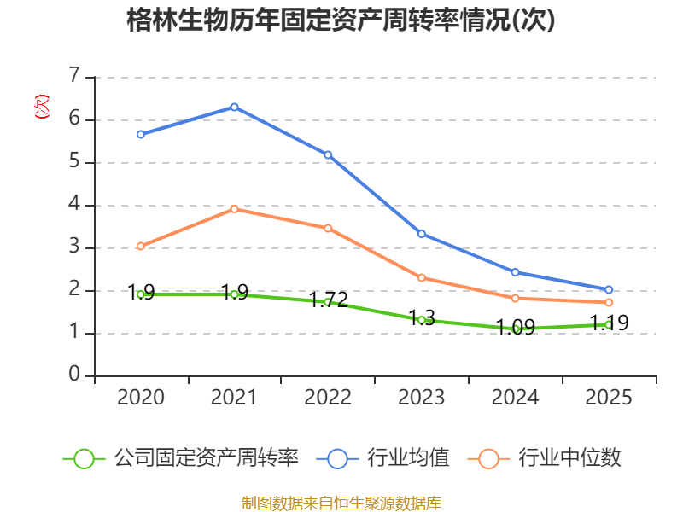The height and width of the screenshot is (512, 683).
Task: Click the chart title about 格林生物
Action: click(341, 20)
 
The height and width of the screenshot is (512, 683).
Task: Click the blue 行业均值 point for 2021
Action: click(234, 108)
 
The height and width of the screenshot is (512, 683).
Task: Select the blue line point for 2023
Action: click(422, 234)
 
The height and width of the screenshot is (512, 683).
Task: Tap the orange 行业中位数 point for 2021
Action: click(234, 209)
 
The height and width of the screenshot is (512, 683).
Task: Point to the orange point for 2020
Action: click(141, 247)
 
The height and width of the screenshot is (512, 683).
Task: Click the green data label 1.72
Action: click(329, 300)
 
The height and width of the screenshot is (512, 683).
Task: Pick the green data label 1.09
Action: click(516, 327)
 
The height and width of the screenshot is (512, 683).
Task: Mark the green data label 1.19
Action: click(610, 323)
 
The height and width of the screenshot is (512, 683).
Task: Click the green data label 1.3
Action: click(422, 317)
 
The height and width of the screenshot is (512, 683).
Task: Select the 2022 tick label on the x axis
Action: click(328, 397)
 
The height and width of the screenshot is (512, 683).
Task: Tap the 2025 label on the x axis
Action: click(609, 397)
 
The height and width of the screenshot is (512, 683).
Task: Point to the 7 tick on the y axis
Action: click(75, 75)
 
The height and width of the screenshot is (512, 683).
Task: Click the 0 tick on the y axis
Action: click(74, 374)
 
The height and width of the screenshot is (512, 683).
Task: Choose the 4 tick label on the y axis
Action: click(74, 203)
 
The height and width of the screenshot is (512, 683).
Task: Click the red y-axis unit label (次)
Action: click(42, 107)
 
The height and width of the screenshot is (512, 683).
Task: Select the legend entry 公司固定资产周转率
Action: click(181, 458)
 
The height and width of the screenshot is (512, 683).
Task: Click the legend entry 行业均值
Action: click(382, 458)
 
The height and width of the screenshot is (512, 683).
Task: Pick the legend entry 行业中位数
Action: click(544, 458)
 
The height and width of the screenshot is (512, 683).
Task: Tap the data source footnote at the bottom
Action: click(341, 503)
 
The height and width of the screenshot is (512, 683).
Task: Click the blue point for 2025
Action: click(609, 289)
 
